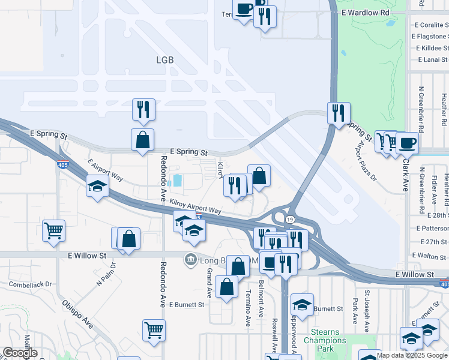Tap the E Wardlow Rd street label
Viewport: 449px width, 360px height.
click(x=365, y=12)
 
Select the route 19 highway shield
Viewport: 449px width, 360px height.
click(x=289, y=221)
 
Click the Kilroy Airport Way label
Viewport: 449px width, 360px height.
click(x=196, y=207)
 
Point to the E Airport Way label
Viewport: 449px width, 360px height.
click(x=105, y=170)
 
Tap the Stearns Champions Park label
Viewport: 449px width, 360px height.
click(x=325, y=340)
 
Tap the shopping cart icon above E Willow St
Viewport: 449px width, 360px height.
click(x=54, y=230)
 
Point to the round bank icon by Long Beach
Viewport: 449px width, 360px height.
click(x=190, y=259)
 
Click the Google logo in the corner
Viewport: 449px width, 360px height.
click(x=20, y=353)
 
